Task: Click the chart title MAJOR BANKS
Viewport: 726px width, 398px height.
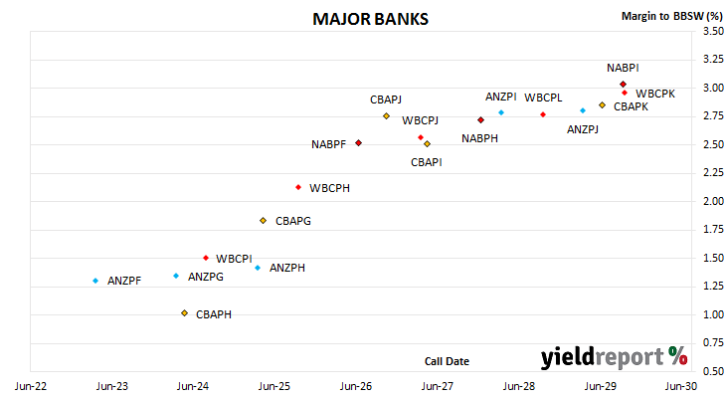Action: point(370,19)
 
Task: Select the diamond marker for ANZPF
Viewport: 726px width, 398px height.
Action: point(95,281)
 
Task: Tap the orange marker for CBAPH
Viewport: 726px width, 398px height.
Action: point(184,313)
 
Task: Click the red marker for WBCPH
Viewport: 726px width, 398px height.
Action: point(298,187)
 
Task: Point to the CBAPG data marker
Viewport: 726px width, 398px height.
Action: point(263,221)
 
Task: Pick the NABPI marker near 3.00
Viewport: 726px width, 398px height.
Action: point(624,85)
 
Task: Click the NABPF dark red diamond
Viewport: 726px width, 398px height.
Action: point(358,143)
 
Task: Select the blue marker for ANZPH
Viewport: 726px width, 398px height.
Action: point(258,268)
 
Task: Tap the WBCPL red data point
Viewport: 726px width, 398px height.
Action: point(543,114)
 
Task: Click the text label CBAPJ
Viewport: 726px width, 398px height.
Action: point(386,99)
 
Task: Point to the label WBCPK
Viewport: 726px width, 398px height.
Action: point(655,94)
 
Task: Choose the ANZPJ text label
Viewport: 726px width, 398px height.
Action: point(583,129)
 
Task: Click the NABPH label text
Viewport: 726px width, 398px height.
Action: point(479,138)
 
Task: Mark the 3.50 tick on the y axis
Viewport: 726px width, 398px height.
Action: point(713,31)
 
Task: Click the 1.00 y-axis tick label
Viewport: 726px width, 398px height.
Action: point(713,314)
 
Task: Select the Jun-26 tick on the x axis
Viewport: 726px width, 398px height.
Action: point(356,386)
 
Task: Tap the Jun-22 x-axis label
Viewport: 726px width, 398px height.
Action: point(31,386)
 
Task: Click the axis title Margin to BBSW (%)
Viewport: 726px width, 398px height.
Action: point(672,16)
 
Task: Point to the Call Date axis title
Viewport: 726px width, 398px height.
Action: point(447,361)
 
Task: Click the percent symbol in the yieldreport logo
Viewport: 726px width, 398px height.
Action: point(678,356)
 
